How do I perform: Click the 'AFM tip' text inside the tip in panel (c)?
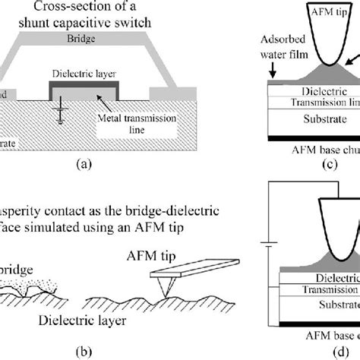pyautogui.click(x=328, y=12)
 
